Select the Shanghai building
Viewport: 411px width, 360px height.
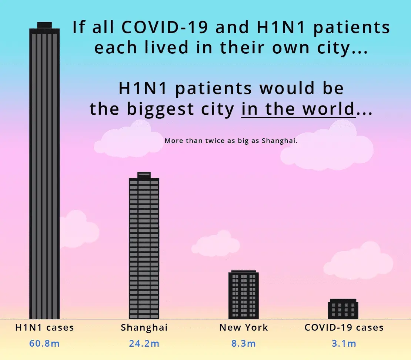click(144, 246)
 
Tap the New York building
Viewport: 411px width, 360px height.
click(244, 295)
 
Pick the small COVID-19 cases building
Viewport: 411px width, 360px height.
click(343, 309)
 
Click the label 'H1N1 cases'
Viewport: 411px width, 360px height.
click(44, 327)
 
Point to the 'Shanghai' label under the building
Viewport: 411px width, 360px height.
click(144, 328)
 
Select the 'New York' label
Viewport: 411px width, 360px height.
click(244, 327)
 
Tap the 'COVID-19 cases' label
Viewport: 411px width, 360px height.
click(344, 327)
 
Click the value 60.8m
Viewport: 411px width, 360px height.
click(44, 343)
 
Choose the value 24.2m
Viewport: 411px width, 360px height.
click(144, 343)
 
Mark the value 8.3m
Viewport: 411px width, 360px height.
click(244, 343)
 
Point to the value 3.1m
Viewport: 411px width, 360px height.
click(344, 343)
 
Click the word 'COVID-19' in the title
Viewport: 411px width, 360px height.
click(165, 27)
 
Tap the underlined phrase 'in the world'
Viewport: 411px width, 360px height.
click(298, 109)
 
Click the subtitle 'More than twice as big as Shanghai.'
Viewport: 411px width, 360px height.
click(231, 141)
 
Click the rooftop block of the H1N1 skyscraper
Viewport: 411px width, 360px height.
click(44, 25)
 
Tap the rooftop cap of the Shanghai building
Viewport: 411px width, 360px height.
click(144, 175)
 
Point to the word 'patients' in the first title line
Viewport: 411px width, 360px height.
click(351, 28)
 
